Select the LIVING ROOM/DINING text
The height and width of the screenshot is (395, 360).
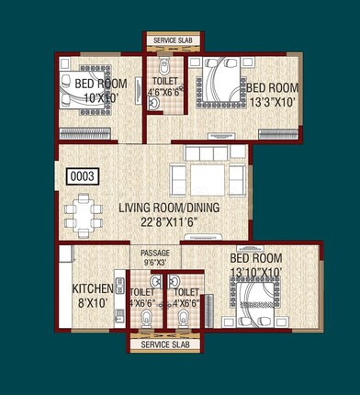170,208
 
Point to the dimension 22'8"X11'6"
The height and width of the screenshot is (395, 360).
170,221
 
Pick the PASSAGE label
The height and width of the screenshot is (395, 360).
154,253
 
